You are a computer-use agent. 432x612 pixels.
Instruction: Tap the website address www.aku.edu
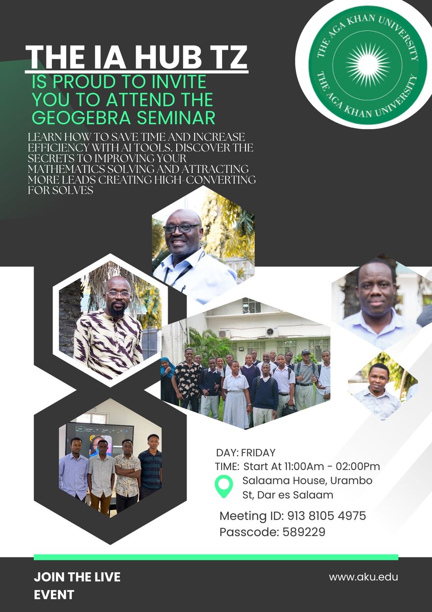(363, 577)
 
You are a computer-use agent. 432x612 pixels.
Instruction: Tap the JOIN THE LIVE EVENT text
(77, 585)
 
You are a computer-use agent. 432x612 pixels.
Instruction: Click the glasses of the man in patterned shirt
(119, 294)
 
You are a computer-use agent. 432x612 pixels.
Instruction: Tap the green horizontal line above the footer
(215, 557)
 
